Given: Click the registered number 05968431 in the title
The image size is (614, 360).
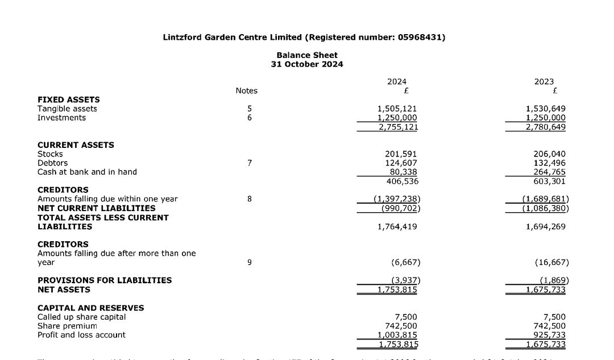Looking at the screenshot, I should (421, 38).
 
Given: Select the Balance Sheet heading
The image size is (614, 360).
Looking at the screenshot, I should (307, 55).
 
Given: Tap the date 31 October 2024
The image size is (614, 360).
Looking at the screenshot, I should (307, 64).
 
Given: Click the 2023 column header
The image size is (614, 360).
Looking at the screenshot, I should (544, 82).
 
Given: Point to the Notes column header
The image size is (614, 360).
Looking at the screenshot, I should (246, 91).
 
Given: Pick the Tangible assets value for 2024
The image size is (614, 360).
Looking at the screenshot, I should (397, 109).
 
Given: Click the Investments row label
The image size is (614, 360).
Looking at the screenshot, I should (61, 118).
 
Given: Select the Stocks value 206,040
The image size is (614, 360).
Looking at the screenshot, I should (550, 154).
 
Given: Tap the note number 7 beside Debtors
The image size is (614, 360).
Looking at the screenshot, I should (249, 163).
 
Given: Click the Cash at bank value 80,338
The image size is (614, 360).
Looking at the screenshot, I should (403, 172).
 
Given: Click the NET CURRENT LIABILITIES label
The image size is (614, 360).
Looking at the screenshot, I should (96, 208).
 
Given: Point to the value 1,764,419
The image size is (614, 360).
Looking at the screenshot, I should (397, 226).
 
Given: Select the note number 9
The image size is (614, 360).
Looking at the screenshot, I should (249, 262).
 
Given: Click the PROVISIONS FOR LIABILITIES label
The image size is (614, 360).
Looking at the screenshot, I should (104, 280).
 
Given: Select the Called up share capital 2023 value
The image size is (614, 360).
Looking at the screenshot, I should (554, 317).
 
